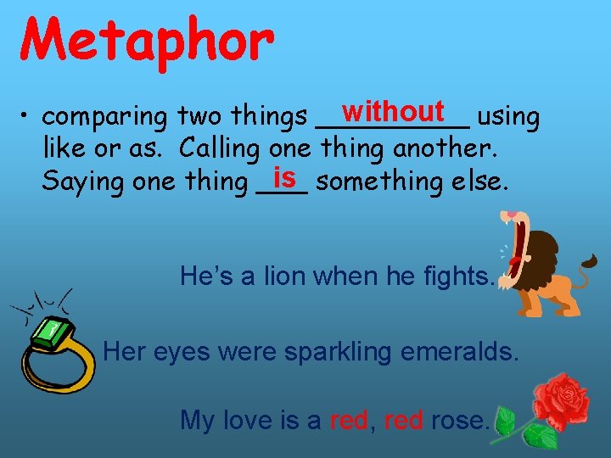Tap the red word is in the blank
pos(283,177)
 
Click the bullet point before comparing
pos(28,117)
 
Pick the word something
pos(378,181)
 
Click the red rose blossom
pos(559,398)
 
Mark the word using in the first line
pos(507,117)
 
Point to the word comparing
pos(107,117)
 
